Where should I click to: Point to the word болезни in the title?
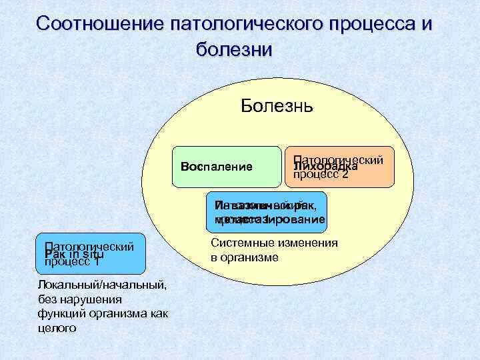click(235, 50)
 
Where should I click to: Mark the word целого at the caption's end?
click(58, 327)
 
